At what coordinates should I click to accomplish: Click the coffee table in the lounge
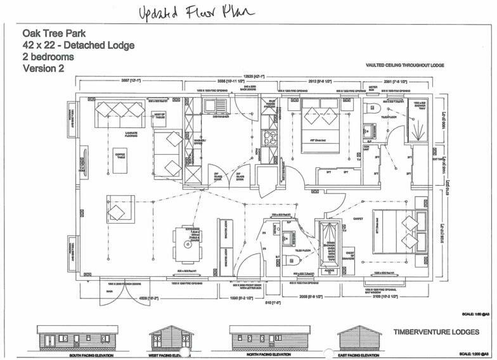(120, 155)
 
